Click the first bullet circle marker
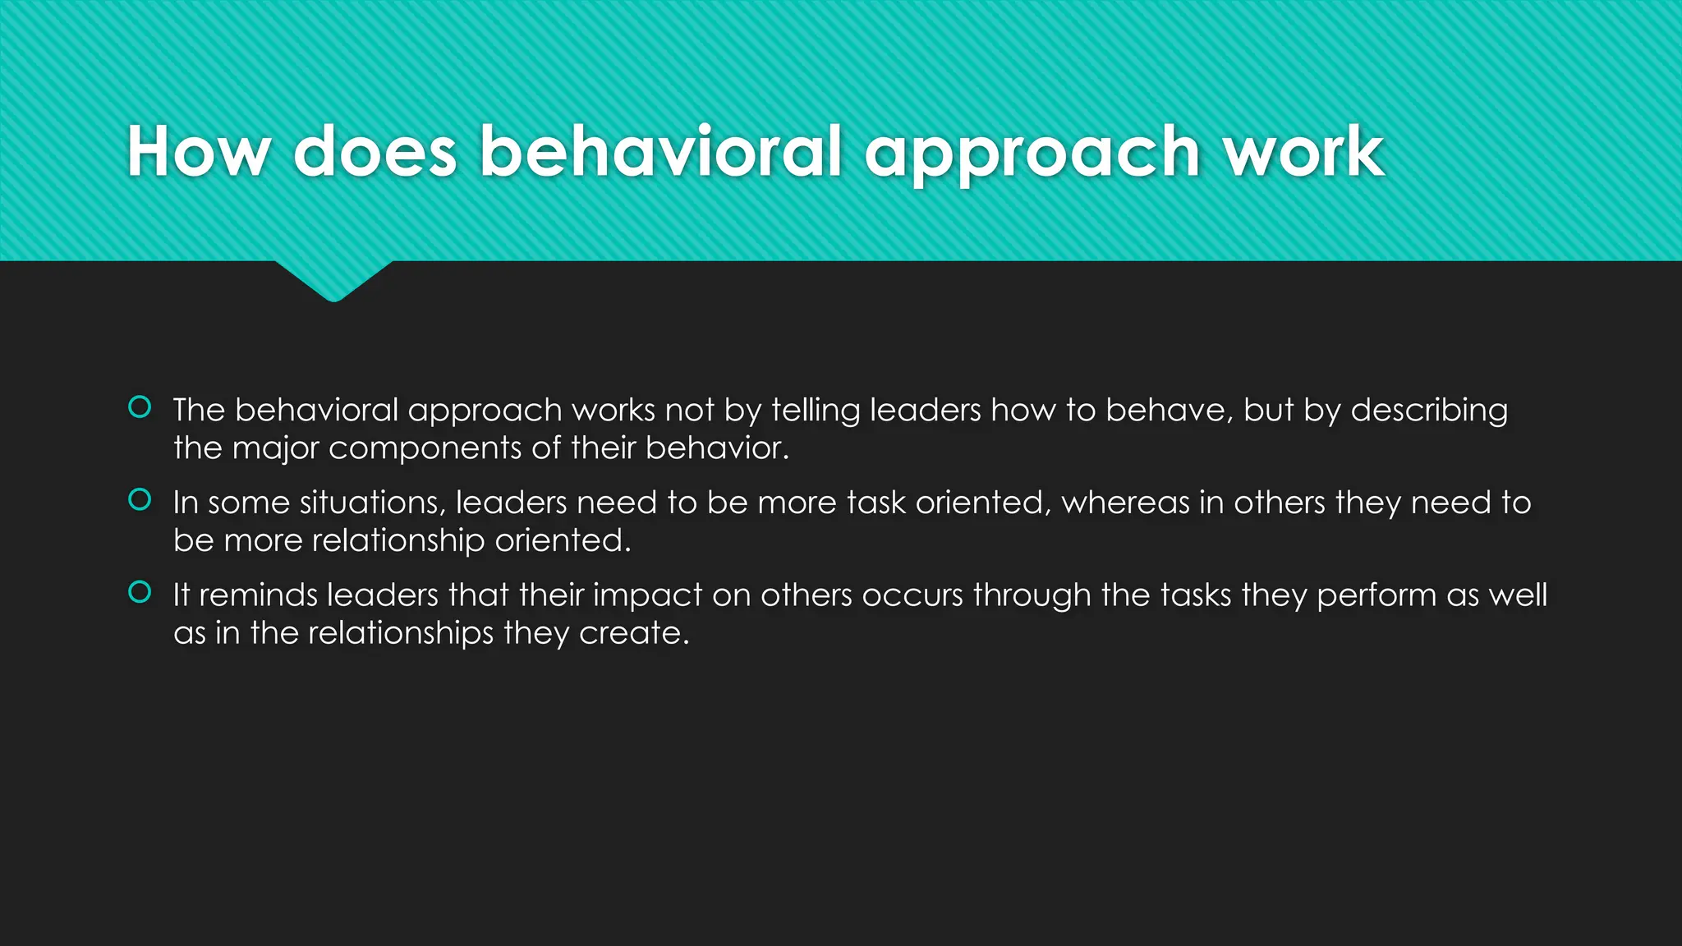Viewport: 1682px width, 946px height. (140, 406)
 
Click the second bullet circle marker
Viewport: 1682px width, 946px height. (140, 499)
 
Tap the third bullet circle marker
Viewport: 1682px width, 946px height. (140, 592)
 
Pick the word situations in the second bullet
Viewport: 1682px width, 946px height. (372, 503)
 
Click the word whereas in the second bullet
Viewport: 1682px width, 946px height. (1125, 503)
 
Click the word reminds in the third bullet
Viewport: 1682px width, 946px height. (258, 595)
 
